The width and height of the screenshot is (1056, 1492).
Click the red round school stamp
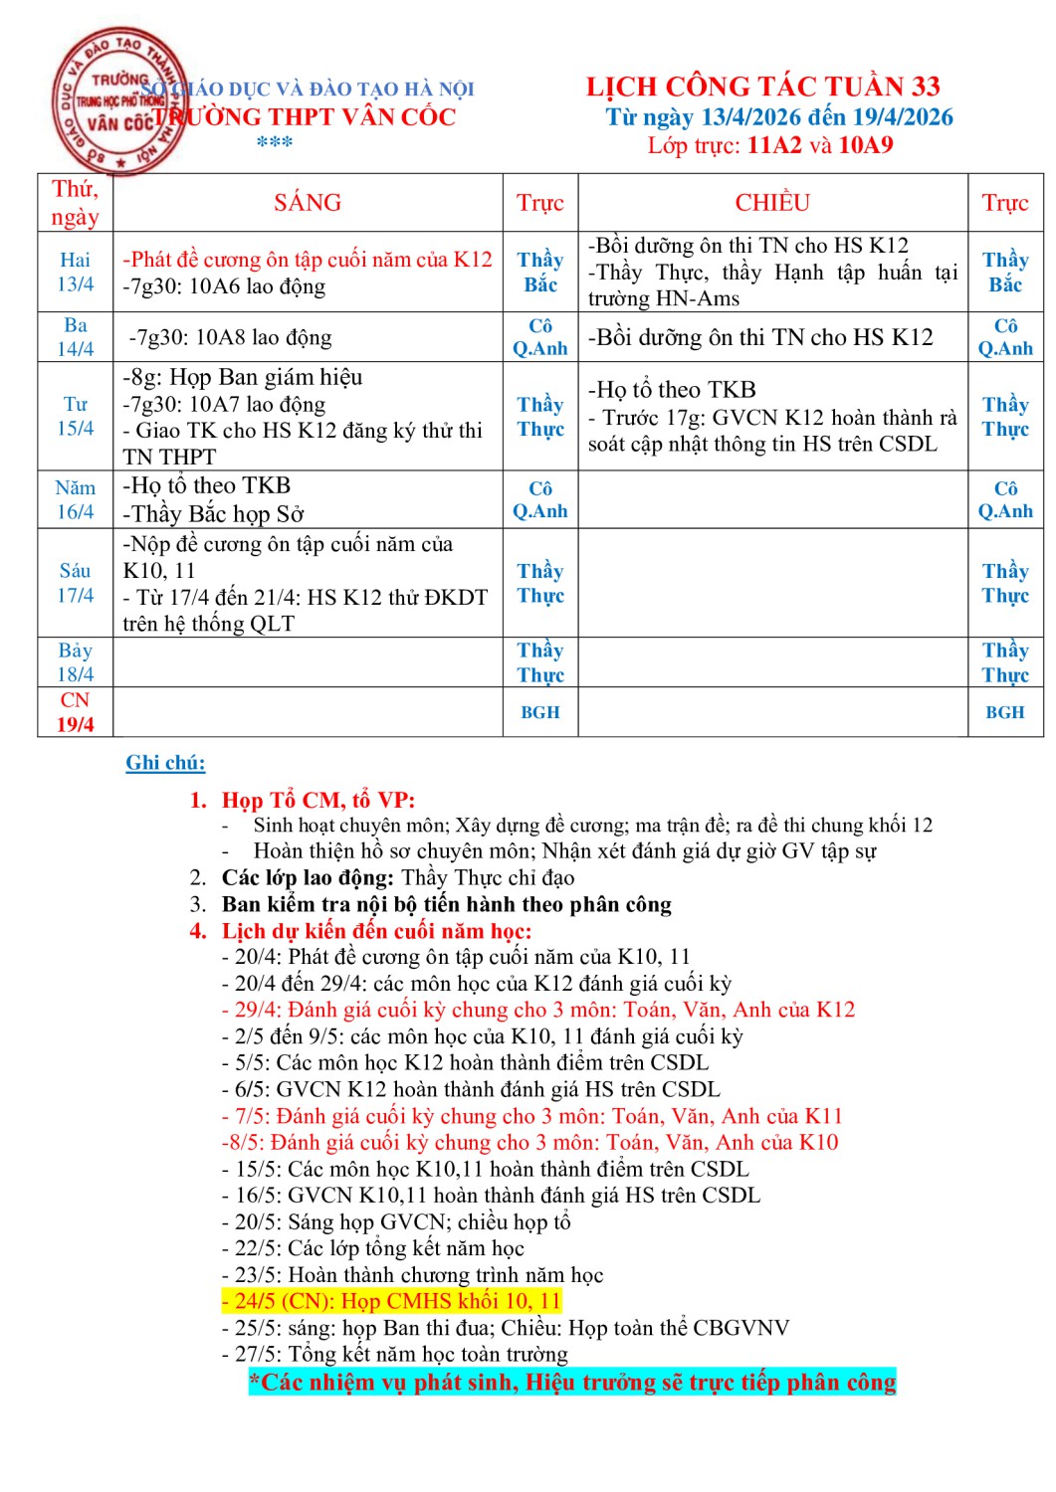(x=117, y=100)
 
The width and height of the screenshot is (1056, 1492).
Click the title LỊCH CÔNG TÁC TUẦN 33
(x=762, y=87)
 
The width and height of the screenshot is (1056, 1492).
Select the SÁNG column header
(x=308, y=203)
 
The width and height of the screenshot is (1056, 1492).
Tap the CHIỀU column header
(x=772, y=203)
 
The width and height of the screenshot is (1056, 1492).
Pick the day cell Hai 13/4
(x=76, y=272)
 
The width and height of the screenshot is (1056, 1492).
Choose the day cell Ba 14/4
(x=76, y=337)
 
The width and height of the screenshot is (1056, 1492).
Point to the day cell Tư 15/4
(x=76, y=416)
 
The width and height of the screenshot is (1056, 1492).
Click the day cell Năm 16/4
(x=76, y=499)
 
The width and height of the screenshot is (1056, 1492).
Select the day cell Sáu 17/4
(x=76, y=583)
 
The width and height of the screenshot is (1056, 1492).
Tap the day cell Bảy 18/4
(x=76, y=661)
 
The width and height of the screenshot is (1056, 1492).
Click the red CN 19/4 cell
(x=76, y=712)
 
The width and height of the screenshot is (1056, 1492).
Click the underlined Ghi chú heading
(x=165, y=763)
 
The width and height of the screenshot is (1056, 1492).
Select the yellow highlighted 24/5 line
(x=392, y=1301)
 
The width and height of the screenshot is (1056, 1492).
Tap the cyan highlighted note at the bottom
(x=572, y=1382)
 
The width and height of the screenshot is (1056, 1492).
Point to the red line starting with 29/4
(x=538, y=1010)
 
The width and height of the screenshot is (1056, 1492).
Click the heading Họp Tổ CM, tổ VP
(x=317, y=800)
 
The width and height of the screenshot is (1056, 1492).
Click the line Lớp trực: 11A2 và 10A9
(x=770, y=145)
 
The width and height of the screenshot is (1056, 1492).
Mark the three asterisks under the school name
(x=275, y=142)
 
